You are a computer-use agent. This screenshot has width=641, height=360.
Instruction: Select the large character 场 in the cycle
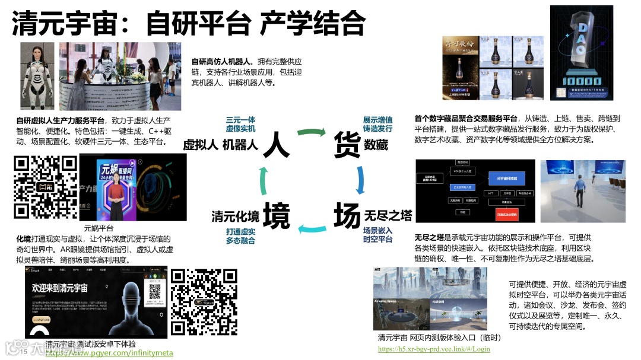347,215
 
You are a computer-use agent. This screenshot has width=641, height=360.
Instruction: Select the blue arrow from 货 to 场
360,180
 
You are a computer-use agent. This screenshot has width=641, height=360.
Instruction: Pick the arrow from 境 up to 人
263,180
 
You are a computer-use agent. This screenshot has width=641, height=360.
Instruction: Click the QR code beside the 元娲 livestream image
46,187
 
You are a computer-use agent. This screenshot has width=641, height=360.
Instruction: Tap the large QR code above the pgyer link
204,302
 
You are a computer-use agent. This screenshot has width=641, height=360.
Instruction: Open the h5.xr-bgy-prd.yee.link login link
434,349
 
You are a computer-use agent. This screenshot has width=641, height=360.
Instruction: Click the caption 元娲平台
99,228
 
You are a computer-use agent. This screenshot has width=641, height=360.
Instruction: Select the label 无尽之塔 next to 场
388,215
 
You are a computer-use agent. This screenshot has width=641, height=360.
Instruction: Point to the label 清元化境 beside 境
236,216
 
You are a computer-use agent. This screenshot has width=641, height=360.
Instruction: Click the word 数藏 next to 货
376,144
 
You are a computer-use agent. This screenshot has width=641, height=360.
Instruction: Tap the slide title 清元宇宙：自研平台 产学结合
188,24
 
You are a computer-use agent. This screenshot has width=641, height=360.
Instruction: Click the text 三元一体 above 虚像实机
240,119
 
